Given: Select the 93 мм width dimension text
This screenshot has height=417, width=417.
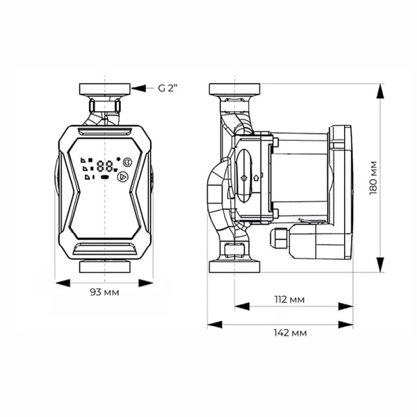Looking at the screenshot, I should pos(104,292).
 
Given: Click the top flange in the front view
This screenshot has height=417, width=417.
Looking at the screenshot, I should pos(104,89).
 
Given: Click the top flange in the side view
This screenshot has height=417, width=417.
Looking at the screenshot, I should pos(234,89).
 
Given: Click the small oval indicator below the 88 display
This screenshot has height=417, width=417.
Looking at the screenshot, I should pos(105,177).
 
